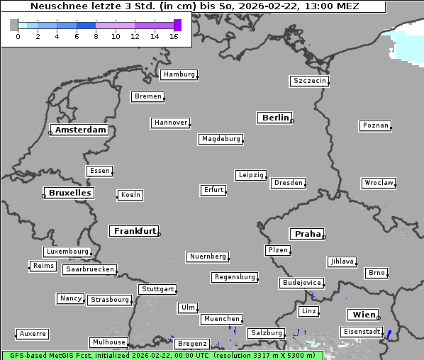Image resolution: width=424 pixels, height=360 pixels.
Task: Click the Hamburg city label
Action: (179, 74)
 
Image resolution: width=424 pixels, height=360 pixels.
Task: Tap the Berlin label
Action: (275, 118)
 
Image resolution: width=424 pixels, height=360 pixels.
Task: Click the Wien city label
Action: (362, 315)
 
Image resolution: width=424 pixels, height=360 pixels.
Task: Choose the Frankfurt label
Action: (135, 231)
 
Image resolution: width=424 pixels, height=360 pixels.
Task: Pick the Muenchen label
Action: (221, 320)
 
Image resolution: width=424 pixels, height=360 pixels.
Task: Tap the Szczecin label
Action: (310, 81)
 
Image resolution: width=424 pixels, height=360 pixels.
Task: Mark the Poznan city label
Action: (375, 125)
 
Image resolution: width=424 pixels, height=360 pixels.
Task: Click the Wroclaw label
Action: (379, 183)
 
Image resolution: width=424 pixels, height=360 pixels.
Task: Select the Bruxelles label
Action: (69, 193)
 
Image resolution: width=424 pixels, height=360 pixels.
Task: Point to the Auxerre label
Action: (33, 333)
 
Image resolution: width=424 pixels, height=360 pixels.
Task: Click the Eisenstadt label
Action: (362, 332)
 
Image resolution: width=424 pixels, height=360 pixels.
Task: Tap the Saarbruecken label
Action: (89, 269)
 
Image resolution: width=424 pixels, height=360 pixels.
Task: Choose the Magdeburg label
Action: (221, 139)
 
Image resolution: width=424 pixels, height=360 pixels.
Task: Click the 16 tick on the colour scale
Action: (174, 37)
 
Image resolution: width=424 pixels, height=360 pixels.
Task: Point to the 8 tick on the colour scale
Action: (96, 37)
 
